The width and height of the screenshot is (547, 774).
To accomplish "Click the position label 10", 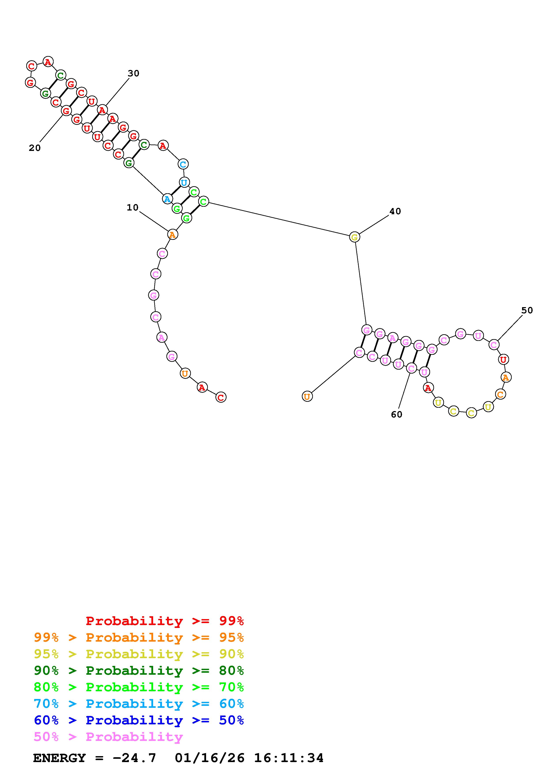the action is [x=132, y=208].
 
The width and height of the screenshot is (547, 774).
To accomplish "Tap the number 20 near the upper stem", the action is [x=34, y=148].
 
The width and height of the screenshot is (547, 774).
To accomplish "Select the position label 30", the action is [x=133, y=73].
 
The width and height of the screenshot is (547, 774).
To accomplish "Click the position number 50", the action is [x=527, y=310].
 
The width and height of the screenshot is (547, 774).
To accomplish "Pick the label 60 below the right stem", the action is [x=397, y=415].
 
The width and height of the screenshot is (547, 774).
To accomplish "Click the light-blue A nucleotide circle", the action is [x=167, y=199].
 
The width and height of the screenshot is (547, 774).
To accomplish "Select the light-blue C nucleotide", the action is [x=183, y=164].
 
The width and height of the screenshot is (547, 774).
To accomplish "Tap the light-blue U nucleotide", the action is [x=184, y=183].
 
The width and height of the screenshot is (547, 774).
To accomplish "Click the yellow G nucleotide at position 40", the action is [x=354, y=237].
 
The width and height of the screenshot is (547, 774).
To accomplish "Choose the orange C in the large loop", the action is [x=500, y=394].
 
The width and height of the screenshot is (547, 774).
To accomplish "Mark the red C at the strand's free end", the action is [x=221, y=397].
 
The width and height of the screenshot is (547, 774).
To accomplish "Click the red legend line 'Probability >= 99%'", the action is [x=165, y=621].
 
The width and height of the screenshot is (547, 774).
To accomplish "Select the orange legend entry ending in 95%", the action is [x=139, y=637].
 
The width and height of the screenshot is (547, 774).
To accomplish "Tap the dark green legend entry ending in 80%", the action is [x=139, y=671].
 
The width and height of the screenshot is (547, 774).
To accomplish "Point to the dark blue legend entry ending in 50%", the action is [x=139, y=720].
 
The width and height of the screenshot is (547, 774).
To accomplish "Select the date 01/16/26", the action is [x=210, y=758].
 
